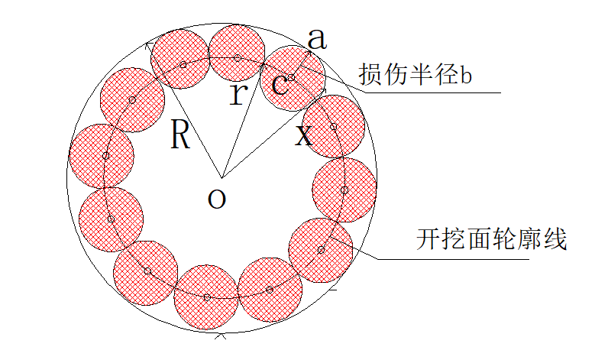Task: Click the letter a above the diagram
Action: click(x=317, y=39)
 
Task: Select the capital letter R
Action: click(x=180, y=135)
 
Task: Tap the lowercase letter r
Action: click(x=238, y=94)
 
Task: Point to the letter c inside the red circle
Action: click(x=280, y=86)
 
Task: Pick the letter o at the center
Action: click(x=217, y=198)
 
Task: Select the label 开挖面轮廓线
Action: click(x=492, y=239)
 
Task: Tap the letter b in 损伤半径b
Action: click(x=466, y=75)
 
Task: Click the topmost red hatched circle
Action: click(x=237, y=54)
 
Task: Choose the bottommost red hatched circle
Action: click(x=206, y=297)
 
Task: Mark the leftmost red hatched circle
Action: click(x=102, y=157)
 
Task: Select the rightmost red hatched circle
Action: click(x=344, y=190)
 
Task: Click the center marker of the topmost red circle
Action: click(x=238, y=59)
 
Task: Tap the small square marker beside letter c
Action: click(x=291, y=78)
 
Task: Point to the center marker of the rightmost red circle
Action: click(x=344, y=190)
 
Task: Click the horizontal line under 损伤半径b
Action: click(x=433, y=92)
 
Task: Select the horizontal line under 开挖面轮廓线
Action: click(x=454, y=259)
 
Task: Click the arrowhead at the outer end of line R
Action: click(x=147, y=45)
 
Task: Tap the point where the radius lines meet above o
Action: click(x=222, y=178)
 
